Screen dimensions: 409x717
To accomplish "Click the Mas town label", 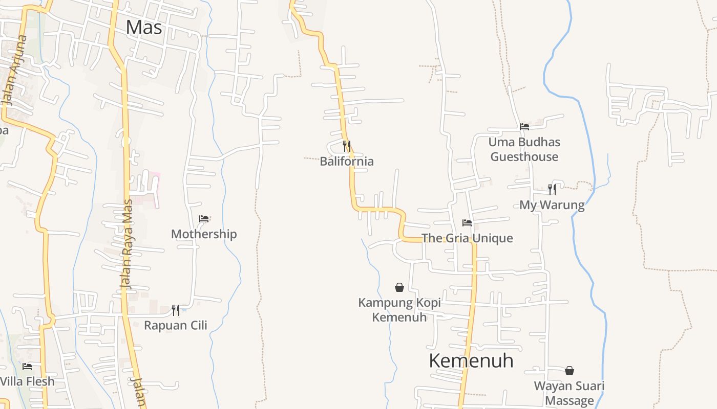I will pyautogui.click(x=144, y=27).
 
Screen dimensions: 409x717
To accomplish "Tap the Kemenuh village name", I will pyautogui.click(x=471, y=360).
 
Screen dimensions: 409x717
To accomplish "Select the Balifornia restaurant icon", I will pyautogui.click(x=347, y=146).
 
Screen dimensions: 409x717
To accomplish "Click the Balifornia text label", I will pyautogui.click(x=347, y=162).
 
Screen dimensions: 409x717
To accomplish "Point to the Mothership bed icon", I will pyautogui.click(x=204, y=219).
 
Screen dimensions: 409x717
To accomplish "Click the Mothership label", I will pyautogui.click(x=204, y=234).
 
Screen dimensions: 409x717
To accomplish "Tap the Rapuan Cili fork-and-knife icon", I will pyautogui.click(x=176, y=310).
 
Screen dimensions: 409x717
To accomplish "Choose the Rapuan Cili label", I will pyautogui.click(x=176, y=325).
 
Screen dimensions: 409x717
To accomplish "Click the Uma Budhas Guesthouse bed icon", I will pyautogui.click(x=524, y=127).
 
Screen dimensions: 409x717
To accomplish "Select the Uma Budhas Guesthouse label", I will pyautogui.click(x=524, y=149).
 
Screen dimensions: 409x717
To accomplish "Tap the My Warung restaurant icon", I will pyautogui.click(x=552, y=190).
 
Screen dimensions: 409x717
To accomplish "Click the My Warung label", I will pyautogui.click(x=552, y=205).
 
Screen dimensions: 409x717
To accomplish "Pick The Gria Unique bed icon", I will pyautogui.click(x=467, y=223).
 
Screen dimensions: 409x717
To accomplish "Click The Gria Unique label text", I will pyautogui.click(x=467, y=238).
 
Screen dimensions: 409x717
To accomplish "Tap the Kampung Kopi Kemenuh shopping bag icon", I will pyautogui.click(x=399, y=287).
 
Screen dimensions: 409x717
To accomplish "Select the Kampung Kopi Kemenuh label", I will pyautogui.click(x=399, y=310).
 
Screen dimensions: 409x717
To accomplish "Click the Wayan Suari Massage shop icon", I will pyautogui.click(x=570, y=371).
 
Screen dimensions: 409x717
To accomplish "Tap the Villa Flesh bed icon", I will pyautogui.click(x=27, y=367).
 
